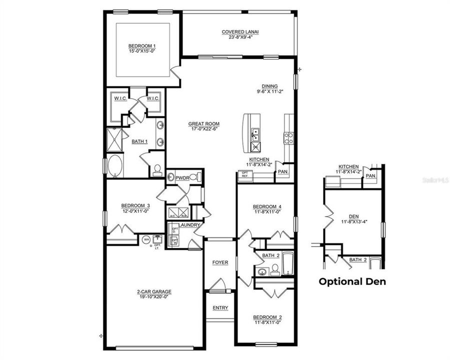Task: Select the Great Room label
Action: click(x=203, y=124)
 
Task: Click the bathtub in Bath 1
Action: click(x=114, y=166)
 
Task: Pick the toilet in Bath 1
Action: click(x=156, y=170)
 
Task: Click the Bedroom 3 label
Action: click(x=135, y=205)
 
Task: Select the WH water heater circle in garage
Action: click(x=146, y=240)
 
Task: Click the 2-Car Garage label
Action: click(x=154, y=291)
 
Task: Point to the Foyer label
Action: click(x=220, y=262)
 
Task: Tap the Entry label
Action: click(x=220, y=307)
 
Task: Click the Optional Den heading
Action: click(x=352, y=281)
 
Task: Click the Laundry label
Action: click(x=191, y=225)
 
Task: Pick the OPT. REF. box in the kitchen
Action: click(x=245, y=175)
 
